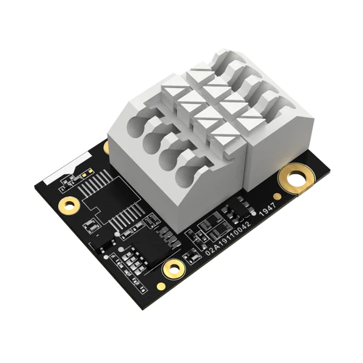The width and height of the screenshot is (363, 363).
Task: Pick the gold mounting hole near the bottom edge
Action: point(172,269)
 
